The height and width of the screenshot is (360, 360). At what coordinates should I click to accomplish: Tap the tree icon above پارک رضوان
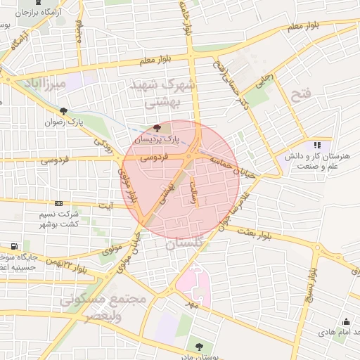[64, 111]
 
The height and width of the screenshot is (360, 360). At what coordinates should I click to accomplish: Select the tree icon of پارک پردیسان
[156, 127]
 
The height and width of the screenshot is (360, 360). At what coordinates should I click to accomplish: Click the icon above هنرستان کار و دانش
[307, 144]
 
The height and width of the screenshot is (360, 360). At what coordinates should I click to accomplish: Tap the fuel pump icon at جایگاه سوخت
[15, 246]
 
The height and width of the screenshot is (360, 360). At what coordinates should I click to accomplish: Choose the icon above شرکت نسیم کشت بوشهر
[58, 203]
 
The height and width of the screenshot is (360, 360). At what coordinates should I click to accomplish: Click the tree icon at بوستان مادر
[199, 347]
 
